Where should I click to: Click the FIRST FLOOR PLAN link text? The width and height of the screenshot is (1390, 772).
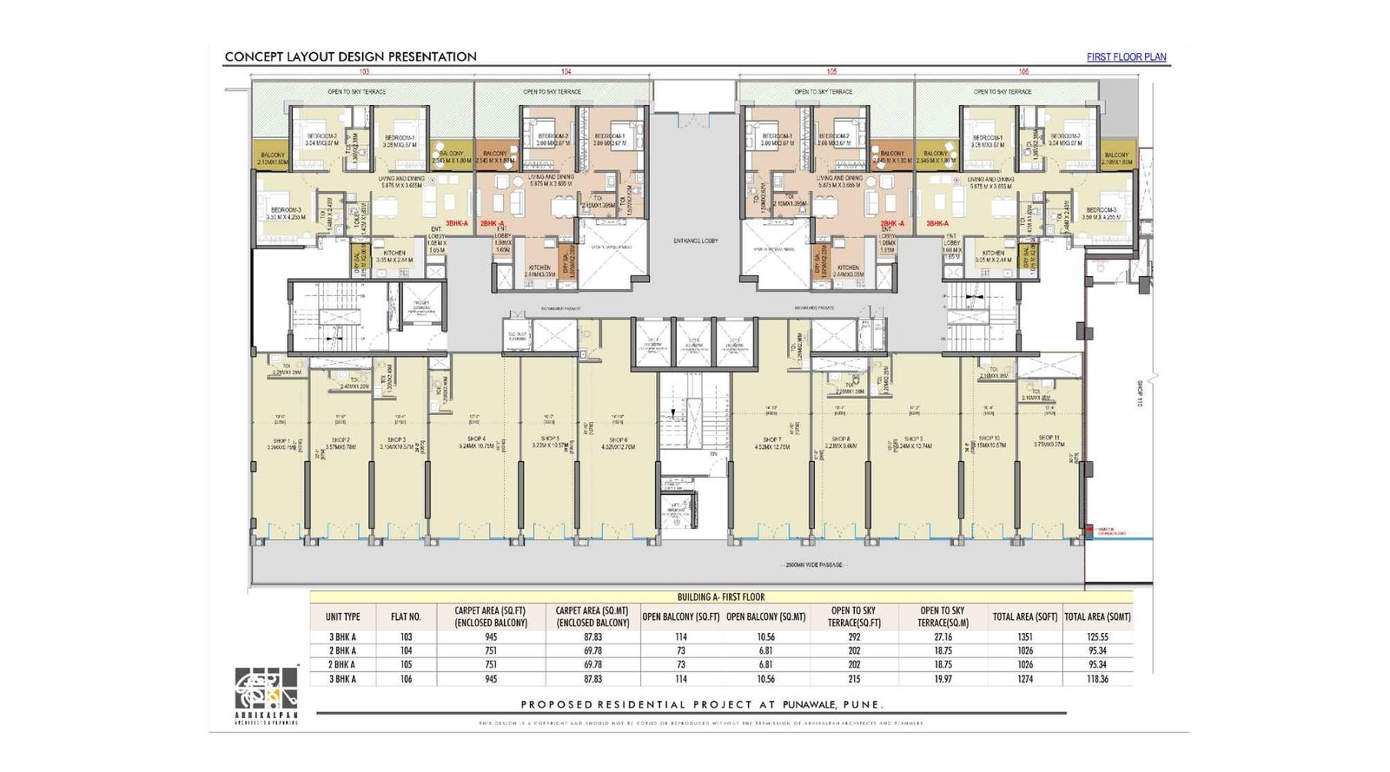click(x=1126, y=57)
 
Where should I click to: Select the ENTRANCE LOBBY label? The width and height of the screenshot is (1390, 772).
click(x=695, y=241)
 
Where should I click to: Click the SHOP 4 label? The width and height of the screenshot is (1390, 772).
click(x=476, y=439)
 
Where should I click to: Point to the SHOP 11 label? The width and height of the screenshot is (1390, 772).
click(x=1049, y=438)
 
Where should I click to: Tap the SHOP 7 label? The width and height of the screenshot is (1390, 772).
click(x=771, y=440)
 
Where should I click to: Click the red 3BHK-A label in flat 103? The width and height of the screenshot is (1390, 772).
click(x=457, y=223)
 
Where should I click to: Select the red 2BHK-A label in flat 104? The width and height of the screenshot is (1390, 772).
click(x=492, y=223)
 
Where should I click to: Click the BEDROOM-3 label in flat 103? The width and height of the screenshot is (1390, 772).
click(x=286, y=210)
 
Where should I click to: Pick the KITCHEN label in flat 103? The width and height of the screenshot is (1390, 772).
click(x=394, y=253)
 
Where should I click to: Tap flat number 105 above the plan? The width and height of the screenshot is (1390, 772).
click(x=831, y=71)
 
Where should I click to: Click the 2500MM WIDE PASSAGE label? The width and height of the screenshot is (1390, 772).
click(x=814, y=565)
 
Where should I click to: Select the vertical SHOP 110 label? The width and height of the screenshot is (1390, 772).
click(x=1139, y=395)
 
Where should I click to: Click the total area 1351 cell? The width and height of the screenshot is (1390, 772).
click(x=1025, y=637)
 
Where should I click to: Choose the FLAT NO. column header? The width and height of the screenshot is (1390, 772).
click(x=406, y=617)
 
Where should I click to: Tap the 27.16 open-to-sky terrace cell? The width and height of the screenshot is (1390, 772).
click(x=943, y=637)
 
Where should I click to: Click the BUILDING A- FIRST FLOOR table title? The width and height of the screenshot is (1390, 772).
click(x=721, y=597)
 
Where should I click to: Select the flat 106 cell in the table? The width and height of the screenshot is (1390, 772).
click(x=406, y=679)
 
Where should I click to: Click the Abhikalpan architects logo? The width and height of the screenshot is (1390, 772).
click(x=266, y=690)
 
